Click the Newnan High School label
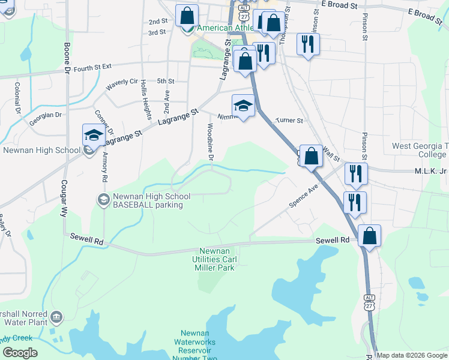[x=42, y=150]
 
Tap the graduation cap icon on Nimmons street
[x=243, y=106]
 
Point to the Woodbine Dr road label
[x=211, y=142]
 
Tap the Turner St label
[x=289, y=121]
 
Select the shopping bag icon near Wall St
[x=311, y=156]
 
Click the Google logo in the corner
[x=20, y=353]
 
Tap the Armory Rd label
[x=104, y=167]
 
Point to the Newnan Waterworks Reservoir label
[x=198, y=346]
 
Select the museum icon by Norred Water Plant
[x=57, y=316]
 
